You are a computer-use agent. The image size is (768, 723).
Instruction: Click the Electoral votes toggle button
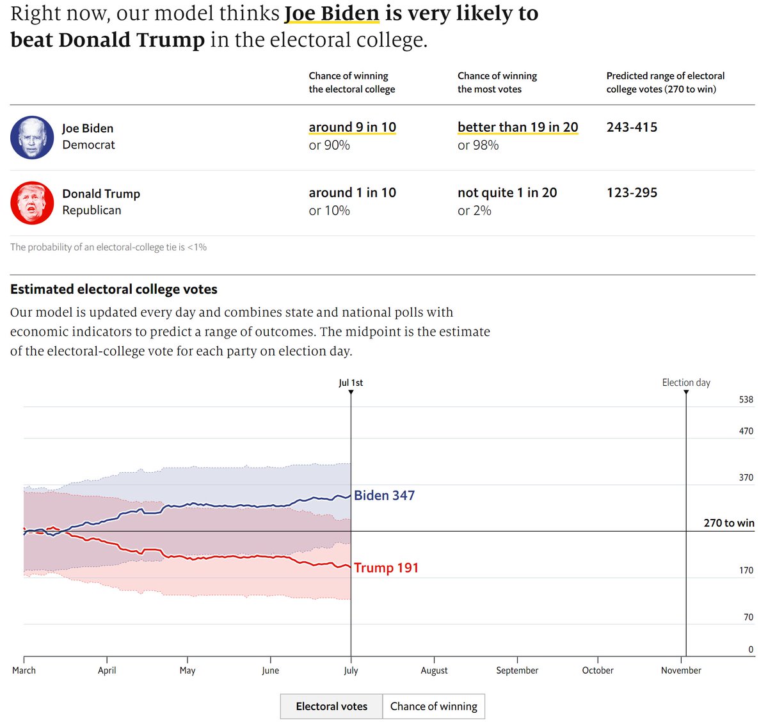click(332, 706)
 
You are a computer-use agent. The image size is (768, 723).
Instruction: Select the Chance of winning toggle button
click(433, 706)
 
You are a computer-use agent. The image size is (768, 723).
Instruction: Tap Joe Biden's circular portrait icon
click(32, 138)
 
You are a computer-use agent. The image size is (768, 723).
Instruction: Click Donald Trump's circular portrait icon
click(32, 203)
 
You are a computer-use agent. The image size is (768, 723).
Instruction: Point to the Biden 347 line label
click(384, 495)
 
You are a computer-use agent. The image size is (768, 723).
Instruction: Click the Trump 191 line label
click(386, 568)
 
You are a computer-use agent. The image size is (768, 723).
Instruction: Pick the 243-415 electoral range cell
click(632, 127)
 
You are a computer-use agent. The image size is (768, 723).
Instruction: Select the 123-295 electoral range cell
click(632, 193)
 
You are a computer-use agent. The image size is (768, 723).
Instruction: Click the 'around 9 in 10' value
click(352, 127)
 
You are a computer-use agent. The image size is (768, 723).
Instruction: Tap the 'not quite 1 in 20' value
click(507, 193)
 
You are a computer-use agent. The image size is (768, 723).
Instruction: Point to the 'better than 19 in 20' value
click(517, 127)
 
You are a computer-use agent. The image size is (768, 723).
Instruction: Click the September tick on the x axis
click(517, 670)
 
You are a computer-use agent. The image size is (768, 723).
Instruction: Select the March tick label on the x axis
click(24, 670)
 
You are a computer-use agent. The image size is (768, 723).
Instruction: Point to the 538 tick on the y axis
click(746, 399)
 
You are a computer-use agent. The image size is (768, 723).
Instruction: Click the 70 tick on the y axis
click(748, 617)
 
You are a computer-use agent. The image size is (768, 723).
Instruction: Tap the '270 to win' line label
click(729, 523)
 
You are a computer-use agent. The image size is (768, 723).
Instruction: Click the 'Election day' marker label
click(686, 383)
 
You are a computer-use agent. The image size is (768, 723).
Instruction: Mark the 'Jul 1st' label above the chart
click(351, 383)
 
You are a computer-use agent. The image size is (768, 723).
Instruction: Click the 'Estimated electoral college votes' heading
click(114, 289)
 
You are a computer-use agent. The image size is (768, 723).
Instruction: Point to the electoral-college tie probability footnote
click(108, 247)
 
